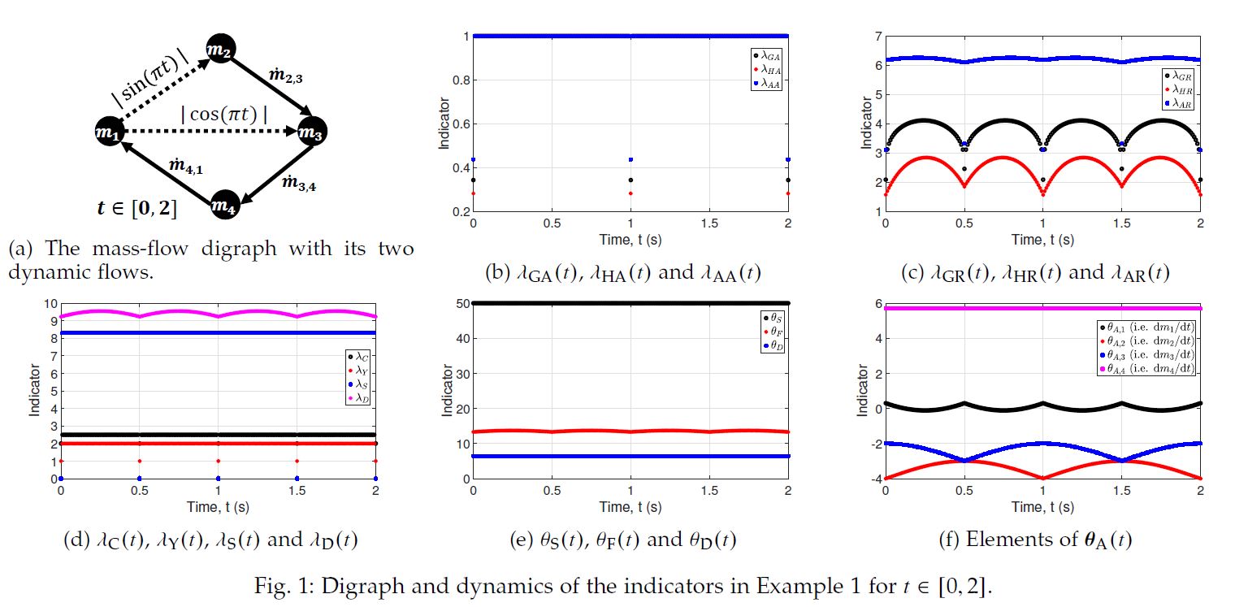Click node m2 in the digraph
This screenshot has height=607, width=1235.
(x=219, y=50)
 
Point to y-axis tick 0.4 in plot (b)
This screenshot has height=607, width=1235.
(x=459, y=168)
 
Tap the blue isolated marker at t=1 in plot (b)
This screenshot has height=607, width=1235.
(x=631, y=159)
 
